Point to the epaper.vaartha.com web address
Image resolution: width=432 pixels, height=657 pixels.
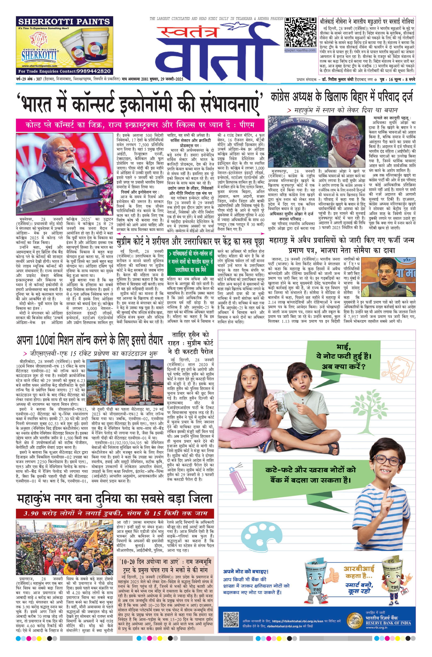point(300,50)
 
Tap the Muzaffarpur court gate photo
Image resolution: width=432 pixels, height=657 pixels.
point(298,141)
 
